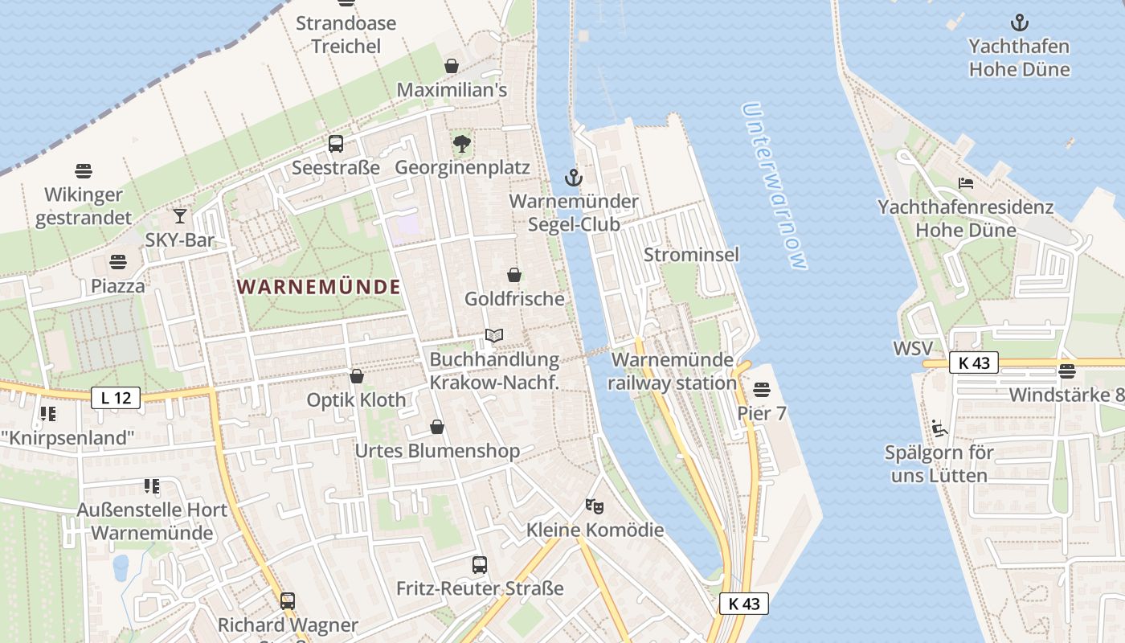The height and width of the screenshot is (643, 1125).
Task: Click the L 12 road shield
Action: click(116, 397)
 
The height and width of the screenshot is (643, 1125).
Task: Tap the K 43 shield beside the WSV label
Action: click(974, 363)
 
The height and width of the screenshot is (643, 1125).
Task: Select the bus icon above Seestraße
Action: click(336, 144)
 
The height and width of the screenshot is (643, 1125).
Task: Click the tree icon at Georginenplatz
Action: click(462, 144)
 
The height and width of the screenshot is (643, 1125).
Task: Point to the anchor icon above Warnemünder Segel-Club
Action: click(573, 178)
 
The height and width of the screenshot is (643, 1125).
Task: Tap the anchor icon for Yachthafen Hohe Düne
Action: click(1019, 23)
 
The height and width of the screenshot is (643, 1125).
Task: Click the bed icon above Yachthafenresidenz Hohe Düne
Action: click(966, 183)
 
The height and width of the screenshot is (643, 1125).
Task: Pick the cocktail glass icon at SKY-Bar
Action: click(180, 215)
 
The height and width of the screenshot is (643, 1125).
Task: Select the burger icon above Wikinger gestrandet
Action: click(84, 170)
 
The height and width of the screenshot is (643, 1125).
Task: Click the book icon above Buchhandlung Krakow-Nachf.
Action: click(494, 335)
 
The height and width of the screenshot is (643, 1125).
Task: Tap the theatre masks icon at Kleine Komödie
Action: click(595, 506)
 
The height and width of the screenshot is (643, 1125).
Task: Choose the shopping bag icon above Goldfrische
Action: click(514, 275)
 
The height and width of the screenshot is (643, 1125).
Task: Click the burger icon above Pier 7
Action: click(762, 390)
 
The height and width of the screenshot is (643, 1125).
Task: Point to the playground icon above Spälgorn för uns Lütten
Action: click(938, 428)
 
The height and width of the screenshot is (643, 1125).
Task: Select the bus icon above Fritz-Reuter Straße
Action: click(480, 564)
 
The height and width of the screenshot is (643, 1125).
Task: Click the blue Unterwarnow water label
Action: click(774, 186)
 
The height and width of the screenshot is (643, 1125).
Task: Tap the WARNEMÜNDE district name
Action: click(318, 287)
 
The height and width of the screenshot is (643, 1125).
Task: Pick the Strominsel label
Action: click(691, 255)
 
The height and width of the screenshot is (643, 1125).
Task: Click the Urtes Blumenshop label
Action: click(437, 451)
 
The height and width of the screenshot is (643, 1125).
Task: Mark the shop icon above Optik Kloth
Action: click(357, 376)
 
